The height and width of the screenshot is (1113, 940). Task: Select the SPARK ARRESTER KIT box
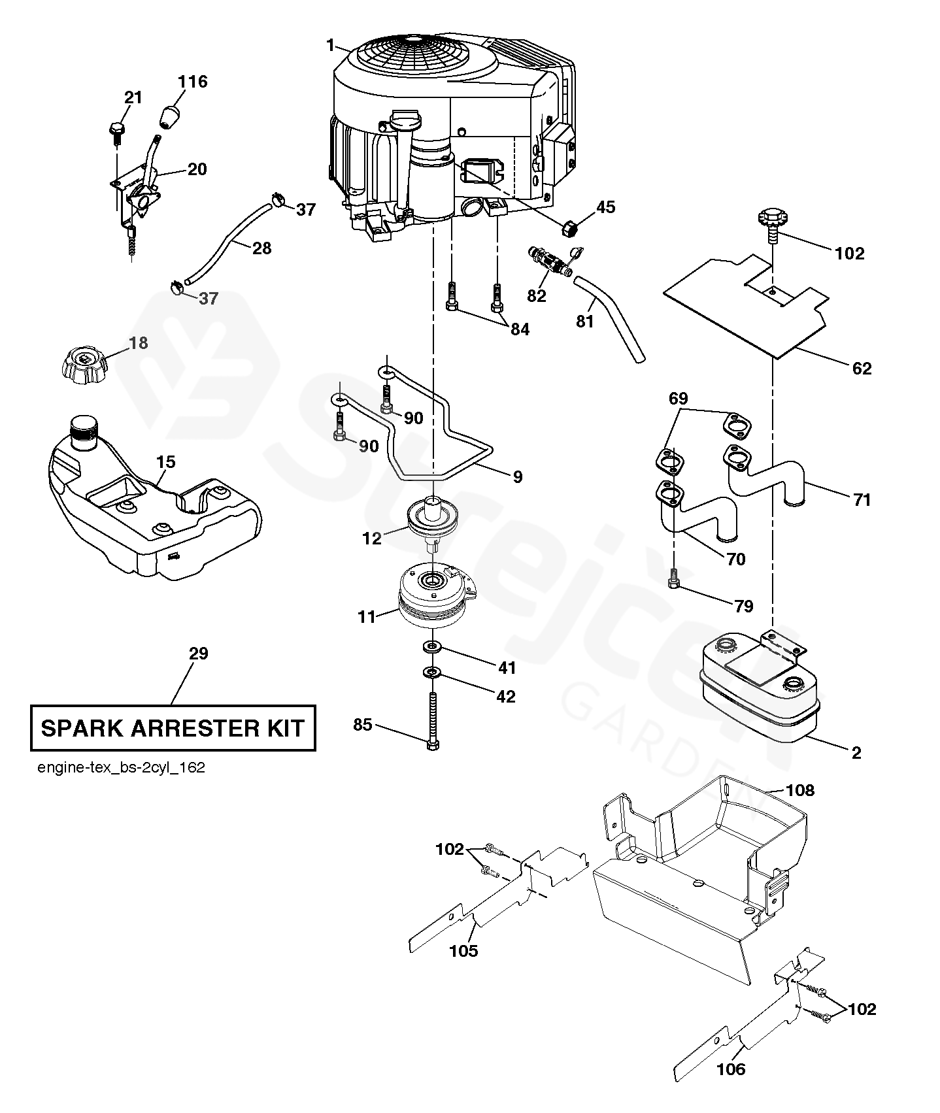pyautogui.click(x=173, y=727)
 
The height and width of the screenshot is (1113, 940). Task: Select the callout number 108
pyautogui.click(x=801, y=790)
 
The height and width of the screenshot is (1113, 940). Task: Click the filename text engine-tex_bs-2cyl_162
pyautogui.click(x=122, y=768)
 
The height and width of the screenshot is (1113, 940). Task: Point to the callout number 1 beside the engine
pyautogui.click(x=331, y=45)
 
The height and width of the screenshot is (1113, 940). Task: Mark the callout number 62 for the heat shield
pyautogui.click(x=862, y=369)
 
